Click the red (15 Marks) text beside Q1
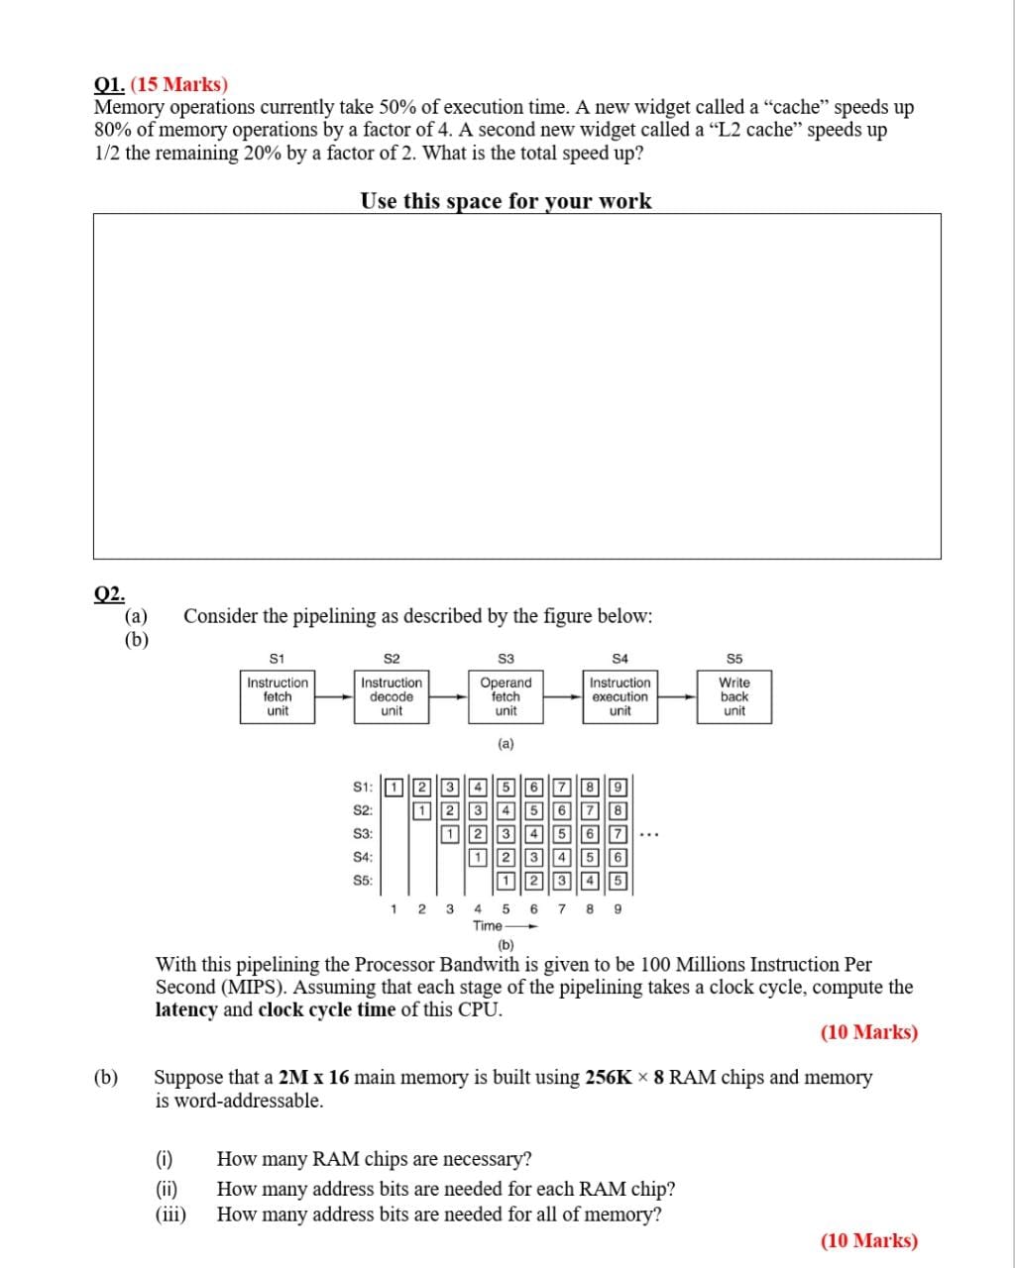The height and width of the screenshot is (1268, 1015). [x=179, y=85]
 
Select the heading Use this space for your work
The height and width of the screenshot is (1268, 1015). [x=506, y=201]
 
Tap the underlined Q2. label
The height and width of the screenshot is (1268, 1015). [x=109, y=593]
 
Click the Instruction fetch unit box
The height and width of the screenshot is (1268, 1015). [x=278, y=697]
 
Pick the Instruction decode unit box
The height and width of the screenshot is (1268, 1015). [x=392, y=697]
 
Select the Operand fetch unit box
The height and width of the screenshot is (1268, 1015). [x=506, y=697]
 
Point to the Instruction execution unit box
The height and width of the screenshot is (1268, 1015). [x=620, y=697]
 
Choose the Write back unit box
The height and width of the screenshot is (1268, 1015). [x=734, y=697]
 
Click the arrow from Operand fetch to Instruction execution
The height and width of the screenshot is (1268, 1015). [x=563, y=696]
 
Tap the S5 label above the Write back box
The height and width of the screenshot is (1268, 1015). [x=734, y=659]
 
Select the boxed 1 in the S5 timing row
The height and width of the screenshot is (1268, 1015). [x=506, y=880]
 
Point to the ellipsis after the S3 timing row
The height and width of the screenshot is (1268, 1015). [x=649, y=835]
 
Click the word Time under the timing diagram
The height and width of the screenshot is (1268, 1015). [x=488, y=925]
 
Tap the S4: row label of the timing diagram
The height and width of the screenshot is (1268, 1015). [x=363, y=857]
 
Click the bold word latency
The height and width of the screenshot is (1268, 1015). [x=186, y=1010]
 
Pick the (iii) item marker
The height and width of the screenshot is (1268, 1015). [x=170, y=1215]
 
